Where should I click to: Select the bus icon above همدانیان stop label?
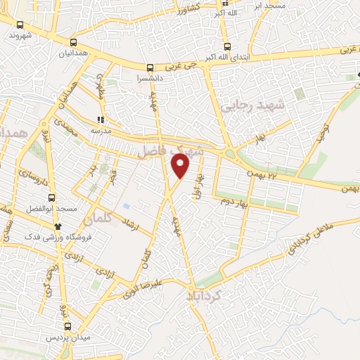point(74,43)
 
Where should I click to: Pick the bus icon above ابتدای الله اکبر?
point(224,41)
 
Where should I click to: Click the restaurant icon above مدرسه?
point(101,120)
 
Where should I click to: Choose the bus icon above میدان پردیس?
point(68,326)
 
